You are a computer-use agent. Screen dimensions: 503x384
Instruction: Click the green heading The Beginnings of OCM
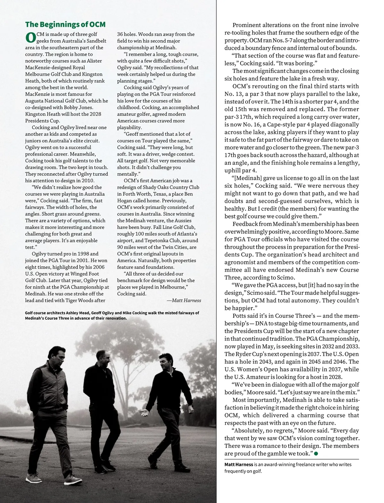65,25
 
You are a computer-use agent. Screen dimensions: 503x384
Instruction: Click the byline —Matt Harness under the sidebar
184,300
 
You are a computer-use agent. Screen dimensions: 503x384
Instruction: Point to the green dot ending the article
316,453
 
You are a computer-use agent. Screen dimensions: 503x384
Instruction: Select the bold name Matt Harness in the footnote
239,464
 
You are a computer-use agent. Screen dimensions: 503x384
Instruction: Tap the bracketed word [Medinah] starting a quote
248,178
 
